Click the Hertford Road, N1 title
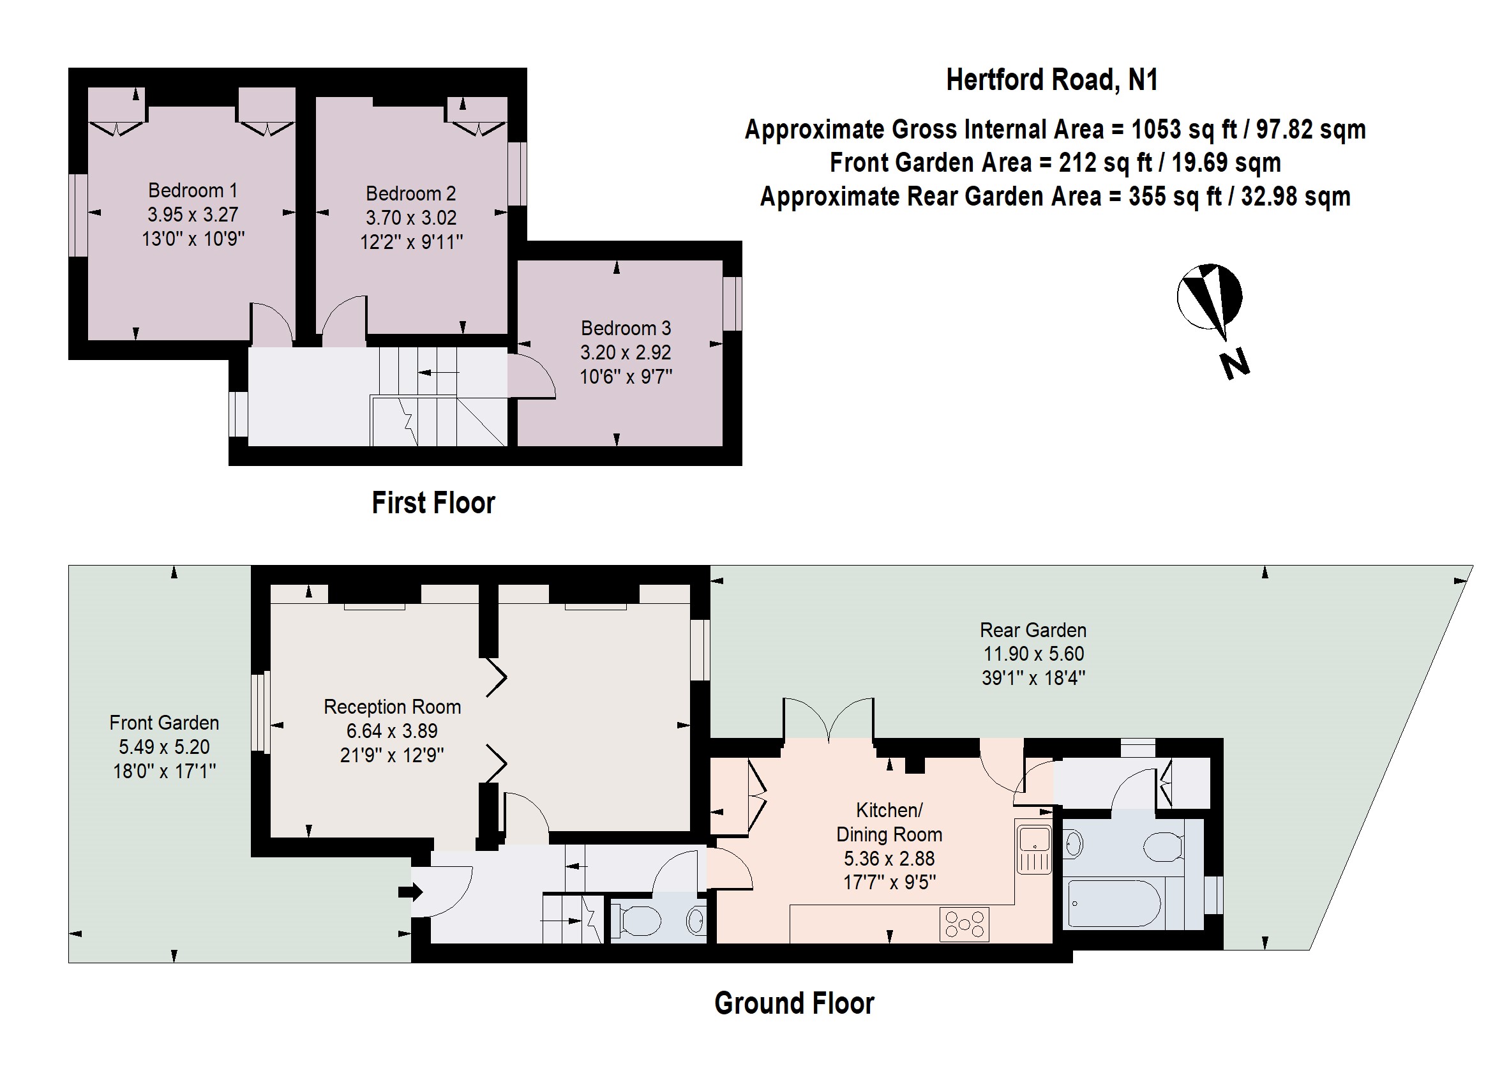(x=1052, y=80)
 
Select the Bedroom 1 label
(x=193, y=191)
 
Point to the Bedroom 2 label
(x=411, y=193)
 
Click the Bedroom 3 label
(x=626, y=328)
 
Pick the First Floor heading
(x=433, y=502)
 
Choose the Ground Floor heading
(x=794, y=1004)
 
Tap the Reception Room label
(x=393, y=707)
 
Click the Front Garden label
(x=164, y=723)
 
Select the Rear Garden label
(x=1033, y=630)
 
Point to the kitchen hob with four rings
(x=965, y=924)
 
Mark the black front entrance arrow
(x=410, y=892)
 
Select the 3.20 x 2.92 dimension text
(x=626, y=352)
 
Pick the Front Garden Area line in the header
(x=1056, y=163)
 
